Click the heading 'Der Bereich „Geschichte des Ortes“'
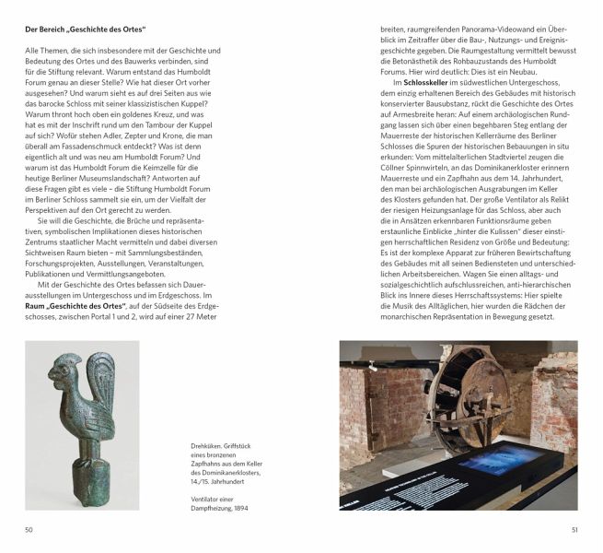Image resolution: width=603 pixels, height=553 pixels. click(x=87, y=31)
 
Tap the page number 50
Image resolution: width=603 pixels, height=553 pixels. click(x=29, y=529)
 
